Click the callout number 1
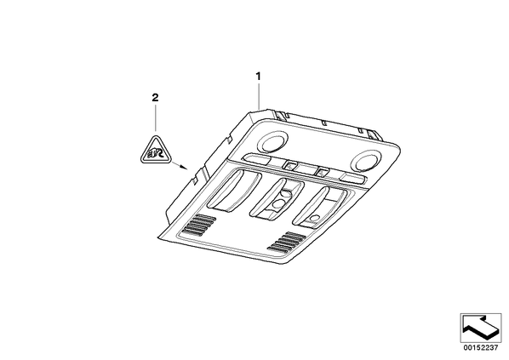pos(259,77)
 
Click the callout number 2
pos(155,97)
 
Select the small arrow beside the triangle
pos(180,165)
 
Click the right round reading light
pos(365,159)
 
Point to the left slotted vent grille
pos(199,225)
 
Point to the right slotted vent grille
pos(286,242)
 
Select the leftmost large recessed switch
pos(234,191)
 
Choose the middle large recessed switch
pos(277,199)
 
